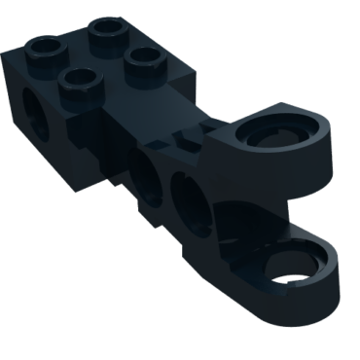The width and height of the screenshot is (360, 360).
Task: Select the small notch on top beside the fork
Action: click(185, 135)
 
